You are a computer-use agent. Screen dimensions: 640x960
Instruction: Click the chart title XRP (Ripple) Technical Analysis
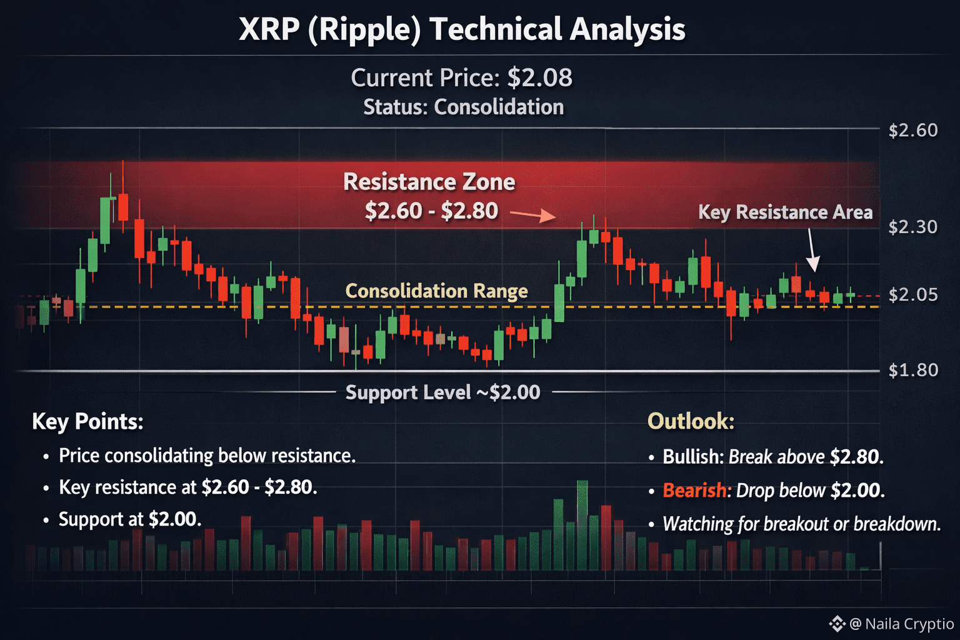pyautogui.click(x=462, y=29)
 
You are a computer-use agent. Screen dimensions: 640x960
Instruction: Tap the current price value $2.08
pyautogui.click(x=539, y=78)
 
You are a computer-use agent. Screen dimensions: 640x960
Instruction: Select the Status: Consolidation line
pyautogui.click(x=463, y=107)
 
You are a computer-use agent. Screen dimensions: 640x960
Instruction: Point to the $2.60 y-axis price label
pyautogui.click(x=912, y=130)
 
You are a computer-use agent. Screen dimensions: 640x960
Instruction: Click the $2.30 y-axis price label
pyautogui.click(x=912, y=226)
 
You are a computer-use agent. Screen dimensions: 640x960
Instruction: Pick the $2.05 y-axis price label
pyautogui.click(x=912, y=294)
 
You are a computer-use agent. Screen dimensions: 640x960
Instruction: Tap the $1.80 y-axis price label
pyautogui.click(x=912, y=370)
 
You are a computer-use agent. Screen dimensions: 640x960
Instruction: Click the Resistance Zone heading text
pyautogui.click(x=429, y=182)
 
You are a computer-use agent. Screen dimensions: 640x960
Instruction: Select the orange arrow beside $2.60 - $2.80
pyautogui.click(x=532, y=216)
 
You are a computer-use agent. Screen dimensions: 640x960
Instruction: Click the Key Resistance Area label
pyautogui.click(x=785, y=212)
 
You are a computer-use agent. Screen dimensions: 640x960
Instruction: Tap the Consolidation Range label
pyautogui.click(x=436, y=291)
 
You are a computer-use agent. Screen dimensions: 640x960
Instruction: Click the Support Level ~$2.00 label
pyautogui.click(x=442, y=392)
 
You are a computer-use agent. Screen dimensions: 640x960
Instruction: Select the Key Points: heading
pyautogui.click(x=87, y=422)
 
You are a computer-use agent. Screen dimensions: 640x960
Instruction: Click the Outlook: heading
pyautogui.click(x=691, y=421)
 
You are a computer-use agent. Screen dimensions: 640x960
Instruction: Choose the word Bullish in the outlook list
pyautogui.click(x=692, y=457)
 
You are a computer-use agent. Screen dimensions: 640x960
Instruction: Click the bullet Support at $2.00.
pyautogui.click(x=130, y=519)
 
